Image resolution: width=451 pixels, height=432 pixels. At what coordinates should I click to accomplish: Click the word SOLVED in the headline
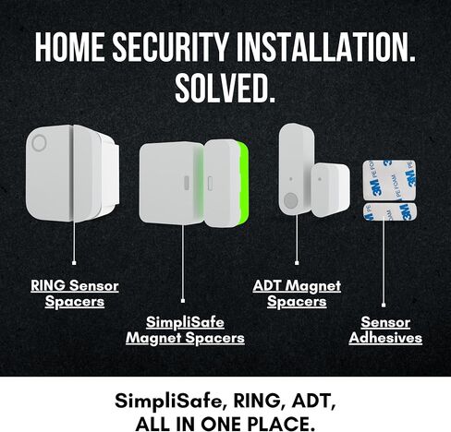pyautogui.click(x=225, y=88)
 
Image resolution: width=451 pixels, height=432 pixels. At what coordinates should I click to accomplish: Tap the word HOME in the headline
pyautogui.click(x=69, y=46)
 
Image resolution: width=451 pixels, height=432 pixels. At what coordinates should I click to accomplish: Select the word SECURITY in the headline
pyautogui.click(x=171, y=46)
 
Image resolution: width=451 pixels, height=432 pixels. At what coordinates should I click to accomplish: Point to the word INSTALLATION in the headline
pyautogui.click(x=325, y=46)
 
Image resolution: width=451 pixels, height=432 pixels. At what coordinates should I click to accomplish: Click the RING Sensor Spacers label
pyautogui.click(x=75, y=294)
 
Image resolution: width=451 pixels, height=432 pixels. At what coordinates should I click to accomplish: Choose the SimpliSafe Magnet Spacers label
pyautogui.click(x=185, y=330)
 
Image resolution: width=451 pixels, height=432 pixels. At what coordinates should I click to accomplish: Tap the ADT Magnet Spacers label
pyautogui.click(x=297, y=294)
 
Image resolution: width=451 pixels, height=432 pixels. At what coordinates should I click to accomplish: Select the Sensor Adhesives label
pyautogui.click(x=385, y=330)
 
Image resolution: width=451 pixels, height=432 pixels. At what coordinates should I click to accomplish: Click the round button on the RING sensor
pyautogui.click(x=39, y=143)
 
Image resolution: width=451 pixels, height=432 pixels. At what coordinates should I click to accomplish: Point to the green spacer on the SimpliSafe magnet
pyautogui.click(x=243, y=184)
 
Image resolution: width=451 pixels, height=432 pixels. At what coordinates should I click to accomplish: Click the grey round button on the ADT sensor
pyautogui.click(x=290, y=200)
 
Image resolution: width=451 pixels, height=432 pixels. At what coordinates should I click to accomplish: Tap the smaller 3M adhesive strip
pyautogui.click(x=390, y=211)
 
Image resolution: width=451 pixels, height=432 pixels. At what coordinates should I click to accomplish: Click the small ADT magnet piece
pyautogui.click(x=330, y=189)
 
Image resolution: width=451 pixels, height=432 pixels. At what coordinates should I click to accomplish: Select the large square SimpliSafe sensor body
pyautogui.click(x=171, y=184)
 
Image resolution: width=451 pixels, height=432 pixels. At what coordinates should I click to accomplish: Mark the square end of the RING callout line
pyautogui.click(x=74, y=263)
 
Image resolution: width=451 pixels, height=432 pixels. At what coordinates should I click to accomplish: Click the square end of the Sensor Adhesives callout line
pyautogui.click(x=384, y=305)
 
